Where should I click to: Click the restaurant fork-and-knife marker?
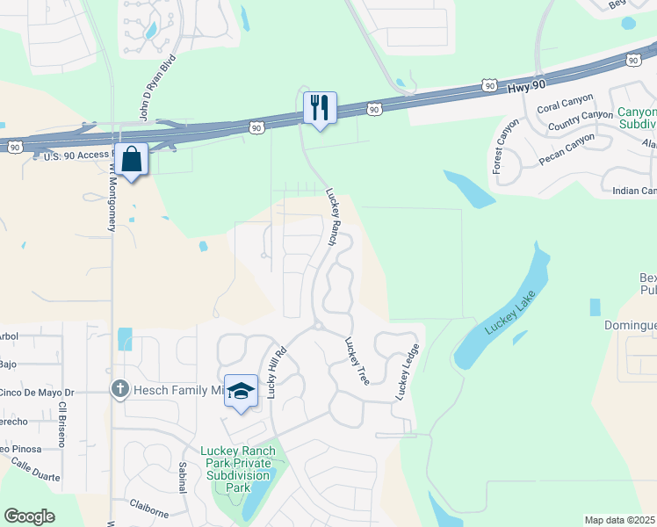(319, 108)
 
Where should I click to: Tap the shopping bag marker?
(132, 161)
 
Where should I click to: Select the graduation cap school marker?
(241, 392)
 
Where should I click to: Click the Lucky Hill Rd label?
(278, 372)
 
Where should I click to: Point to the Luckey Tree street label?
(356, 361)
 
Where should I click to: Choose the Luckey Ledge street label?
(407, 372)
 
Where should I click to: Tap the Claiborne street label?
(148, 505)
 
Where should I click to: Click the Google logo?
(30, 516)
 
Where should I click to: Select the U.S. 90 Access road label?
(77, 155)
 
